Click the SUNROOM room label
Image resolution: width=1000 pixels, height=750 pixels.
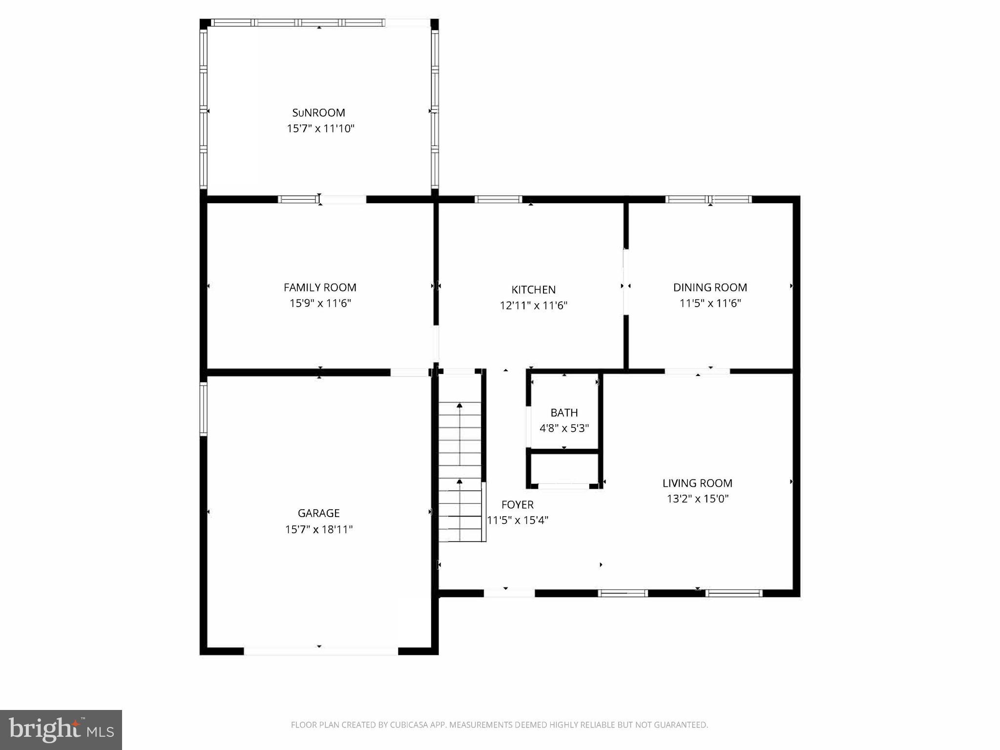point(318,113)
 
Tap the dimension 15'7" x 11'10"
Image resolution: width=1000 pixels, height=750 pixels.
point(320,129)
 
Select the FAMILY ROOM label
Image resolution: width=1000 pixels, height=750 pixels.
point(320,288)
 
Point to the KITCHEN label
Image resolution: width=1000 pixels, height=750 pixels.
point(533,290)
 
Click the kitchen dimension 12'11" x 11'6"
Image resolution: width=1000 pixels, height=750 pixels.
point(533,306)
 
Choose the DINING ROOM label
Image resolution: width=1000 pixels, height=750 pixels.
point(710,288)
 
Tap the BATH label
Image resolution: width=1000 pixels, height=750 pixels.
point(564,413)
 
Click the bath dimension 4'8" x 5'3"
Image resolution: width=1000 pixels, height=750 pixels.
point(564,429)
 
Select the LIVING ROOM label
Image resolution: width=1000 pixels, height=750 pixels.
point(697,483)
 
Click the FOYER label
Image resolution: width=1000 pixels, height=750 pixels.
point(517,504)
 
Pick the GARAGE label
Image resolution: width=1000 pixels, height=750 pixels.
point(318,513)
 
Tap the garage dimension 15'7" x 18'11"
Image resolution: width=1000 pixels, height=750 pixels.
point(319,529)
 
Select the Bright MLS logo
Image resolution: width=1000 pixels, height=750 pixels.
point(61,729)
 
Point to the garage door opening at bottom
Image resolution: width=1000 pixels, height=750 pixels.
point(321,651)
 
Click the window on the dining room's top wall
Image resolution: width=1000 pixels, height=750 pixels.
point(708,199)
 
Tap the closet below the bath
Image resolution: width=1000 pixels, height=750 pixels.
point(564,469)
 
